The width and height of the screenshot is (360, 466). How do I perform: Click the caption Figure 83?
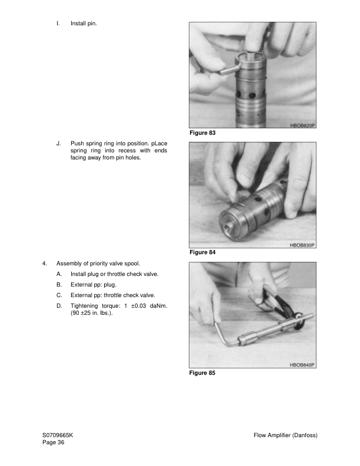tap(202, 134)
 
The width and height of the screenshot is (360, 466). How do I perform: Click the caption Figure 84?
tap(202, 252)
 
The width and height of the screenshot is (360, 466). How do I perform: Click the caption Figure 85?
tap(202, 373)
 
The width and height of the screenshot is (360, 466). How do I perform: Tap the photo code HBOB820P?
tap(302, 125)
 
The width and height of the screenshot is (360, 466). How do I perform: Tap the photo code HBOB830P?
tap(302, 245)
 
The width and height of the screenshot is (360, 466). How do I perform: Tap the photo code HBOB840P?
tap(302, 365)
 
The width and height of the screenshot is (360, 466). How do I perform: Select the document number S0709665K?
tap(58, 435)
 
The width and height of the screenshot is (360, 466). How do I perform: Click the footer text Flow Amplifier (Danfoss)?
tap(285, 435)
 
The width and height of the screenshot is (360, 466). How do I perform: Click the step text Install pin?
tap(84, 24)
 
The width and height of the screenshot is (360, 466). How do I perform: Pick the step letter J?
tap(58, 143)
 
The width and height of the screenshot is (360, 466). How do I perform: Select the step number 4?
tap(44, 264)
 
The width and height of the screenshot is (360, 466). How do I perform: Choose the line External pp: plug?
tap(93, 285)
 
